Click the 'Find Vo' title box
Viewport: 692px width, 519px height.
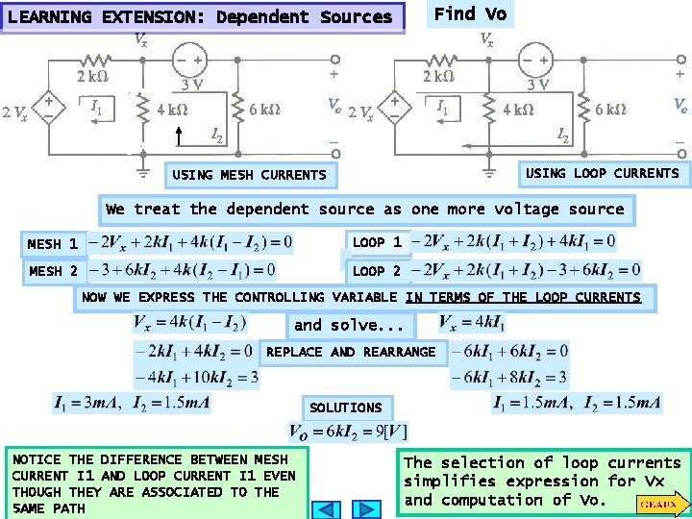tap(470, 13)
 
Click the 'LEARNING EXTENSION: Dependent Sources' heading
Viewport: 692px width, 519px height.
tap(200, 17)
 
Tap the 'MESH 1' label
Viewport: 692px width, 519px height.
tap(54, 245)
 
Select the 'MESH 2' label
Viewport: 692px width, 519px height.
tap(54, 271)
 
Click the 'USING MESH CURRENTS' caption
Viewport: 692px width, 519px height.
tap(249, 175)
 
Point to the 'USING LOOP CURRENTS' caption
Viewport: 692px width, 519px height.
tap(603, 173)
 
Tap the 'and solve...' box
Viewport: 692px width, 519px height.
tap(350, 325)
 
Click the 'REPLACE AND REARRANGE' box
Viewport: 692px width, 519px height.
tap(351, 352)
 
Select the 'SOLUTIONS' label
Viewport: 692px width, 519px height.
tap(346, 408)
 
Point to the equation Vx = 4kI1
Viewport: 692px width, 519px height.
tap(471, 322)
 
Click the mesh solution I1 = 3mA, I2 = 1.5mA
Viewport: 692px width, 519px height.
tap(133, 403)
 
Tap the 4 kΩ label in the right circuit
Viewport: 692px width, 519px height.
tap(518, 109)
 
